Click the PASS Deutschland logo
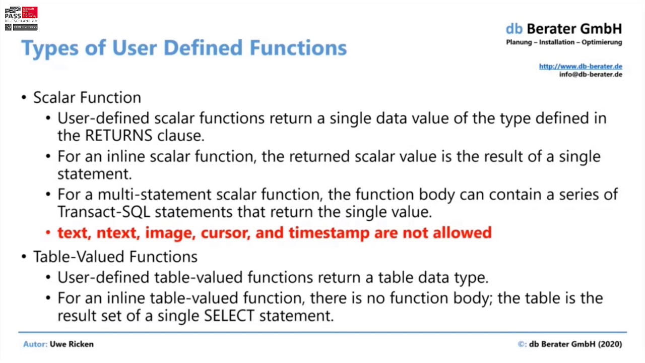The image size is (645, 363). pos(21,19)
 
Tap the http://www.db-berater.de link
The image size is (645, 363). pos(580,66)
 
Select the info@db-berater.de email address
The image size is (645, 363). pos(591,75)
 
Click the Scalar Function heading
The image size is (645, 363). pos(87,97)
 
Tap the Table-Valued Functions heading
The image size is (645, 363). pos(115,257)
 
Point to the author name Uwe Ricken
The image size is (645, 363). pos(72,344)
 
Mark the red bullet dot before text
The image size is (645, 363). pos(48,233)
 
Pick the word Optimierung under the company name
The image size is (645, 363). pos(602,42)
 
